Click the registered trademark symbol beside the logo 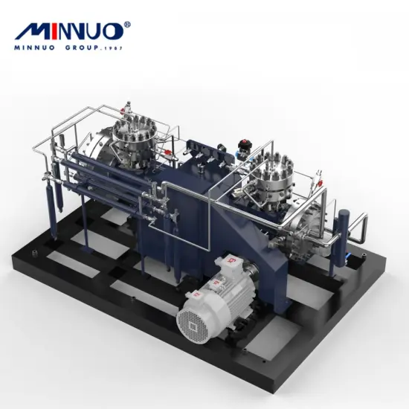point(127,25)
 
